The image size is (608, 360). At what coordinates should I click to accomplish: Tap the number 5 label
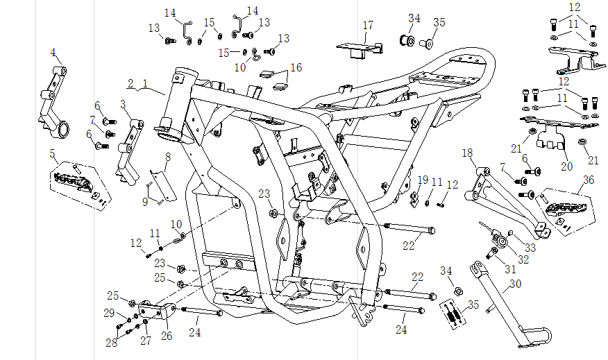click(x=52, y=153)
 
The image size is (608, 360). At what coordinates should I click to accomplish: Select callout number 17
click(x=368, y=25)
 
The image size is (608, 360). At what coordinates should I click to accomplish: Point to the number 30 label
click(x=514, y=283)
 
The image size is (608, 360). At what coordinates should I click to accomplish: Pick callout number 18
click(x=467, y=153)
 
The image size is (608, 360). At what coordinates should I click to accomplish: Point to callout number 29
click(x=109, y=313)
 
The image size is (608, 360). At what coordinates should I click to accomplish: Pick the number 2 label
click(x=130, y=83)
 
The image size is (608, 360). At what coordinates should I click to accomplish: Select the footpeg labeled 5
click(x=75, y=182)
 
